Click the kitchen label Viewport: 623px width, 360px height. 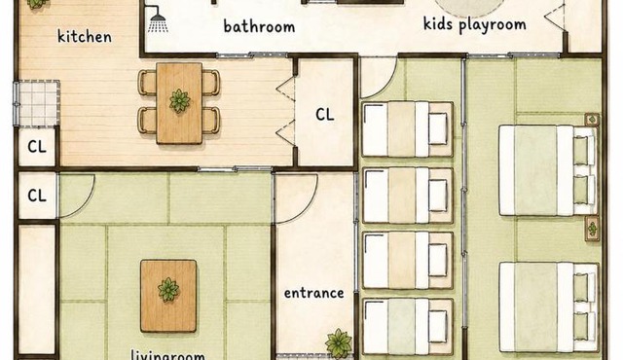pos(85,37)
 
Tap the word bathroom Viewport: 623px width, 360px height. pos(259,26)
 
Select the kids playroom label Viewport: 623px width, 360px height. pos(475,24)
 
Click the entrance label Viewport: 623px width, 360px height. pos(313,293)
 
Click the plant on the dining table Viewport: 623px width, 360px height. pos(179,101)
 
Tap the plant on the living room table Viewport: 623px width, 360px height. pos(168,290)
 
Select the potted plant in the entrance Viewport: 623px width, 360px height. pos(339,342)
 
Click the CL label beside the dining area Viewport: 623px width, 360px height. pos(324,115)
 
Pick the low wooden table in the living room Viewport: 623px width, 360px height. pos(168,296)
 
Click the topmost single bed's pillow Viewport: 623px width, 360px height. pos(438,128)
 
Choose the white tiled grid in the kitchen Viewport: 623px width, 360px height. pos(37,103)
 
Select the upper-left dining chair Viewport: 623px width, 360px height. pos(147,83)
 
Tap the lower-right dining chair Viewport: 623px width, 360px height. pos(210,120)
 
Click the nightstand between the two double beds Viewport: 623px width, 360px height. pos(592,229)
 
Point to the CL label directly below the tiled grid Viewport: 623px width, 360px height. pos(37,147)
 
